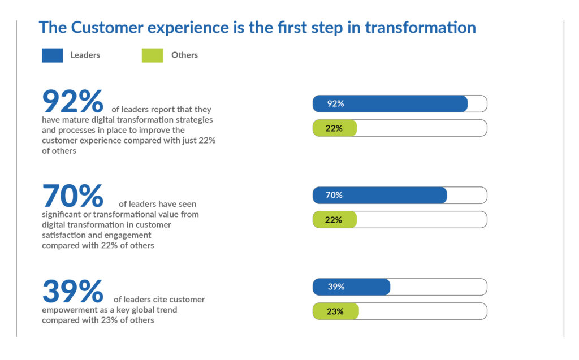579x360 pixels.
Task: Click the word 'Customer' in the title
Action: (x=107, y=27)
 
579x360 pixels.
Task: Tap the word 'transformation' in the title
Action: (x=420, y=27)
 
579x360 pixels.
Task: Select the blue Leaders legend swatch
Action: (x=53, y=55)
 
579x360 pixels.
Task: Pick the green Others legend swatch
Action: (x=152, y=55)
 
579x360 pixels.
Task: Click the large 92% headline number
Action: (x=73, y=101)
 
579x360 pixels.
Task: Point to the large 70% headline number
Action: (x=73, y=196)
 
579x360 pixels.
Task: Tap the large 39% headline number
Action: (x=73, y=291)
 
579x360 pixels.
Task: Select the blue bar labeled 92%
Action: (x=390, y=104)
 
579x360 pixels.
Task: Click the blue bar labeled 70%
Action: (x=379, y=196)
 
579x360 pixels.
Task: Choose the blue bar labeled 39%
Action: (x=351, y=287)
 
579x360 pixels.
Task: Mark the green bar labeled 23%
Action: (x=336, y=311)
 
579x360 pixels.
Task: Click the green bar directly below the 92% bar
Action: (x=335, y=128)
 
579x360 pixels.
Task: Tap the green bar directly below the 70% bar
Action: (x=335, y=220)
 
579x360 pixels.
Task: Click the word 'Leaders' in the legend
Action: (x=85, y=55)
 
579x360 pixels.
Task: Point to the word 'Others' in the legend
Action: (x=184, y=55)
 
